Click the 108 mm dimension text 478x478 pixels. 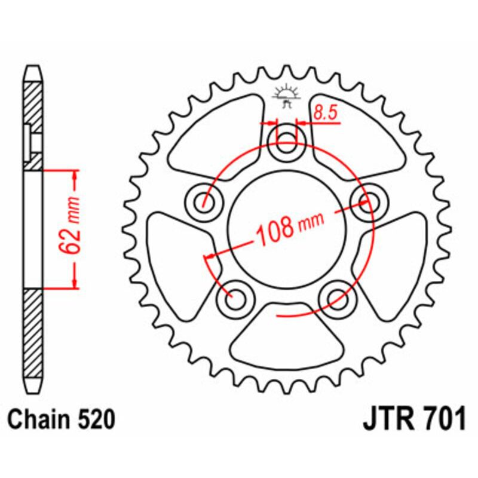coord(289,228)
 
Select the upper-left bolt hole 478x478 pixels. coord(205,201)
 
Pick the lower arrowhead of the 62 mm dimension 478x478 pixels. coord(74,283)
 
